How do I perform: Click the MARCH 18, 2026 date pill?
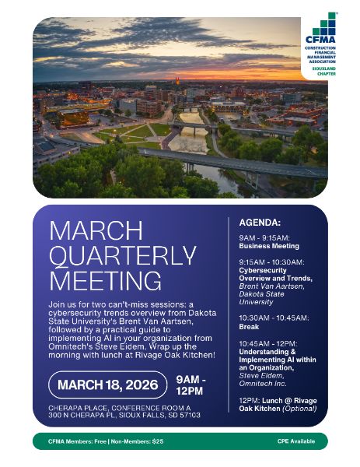(x=107, y=384)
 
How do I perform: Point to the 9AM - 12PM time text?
(x=190, y=384)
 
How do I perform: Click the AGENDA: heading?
(x=259, y=222)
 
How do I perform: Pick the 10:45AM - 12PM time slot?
(x=267, y=343)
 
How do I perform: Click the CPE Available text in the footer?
(x=298, y=441)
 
